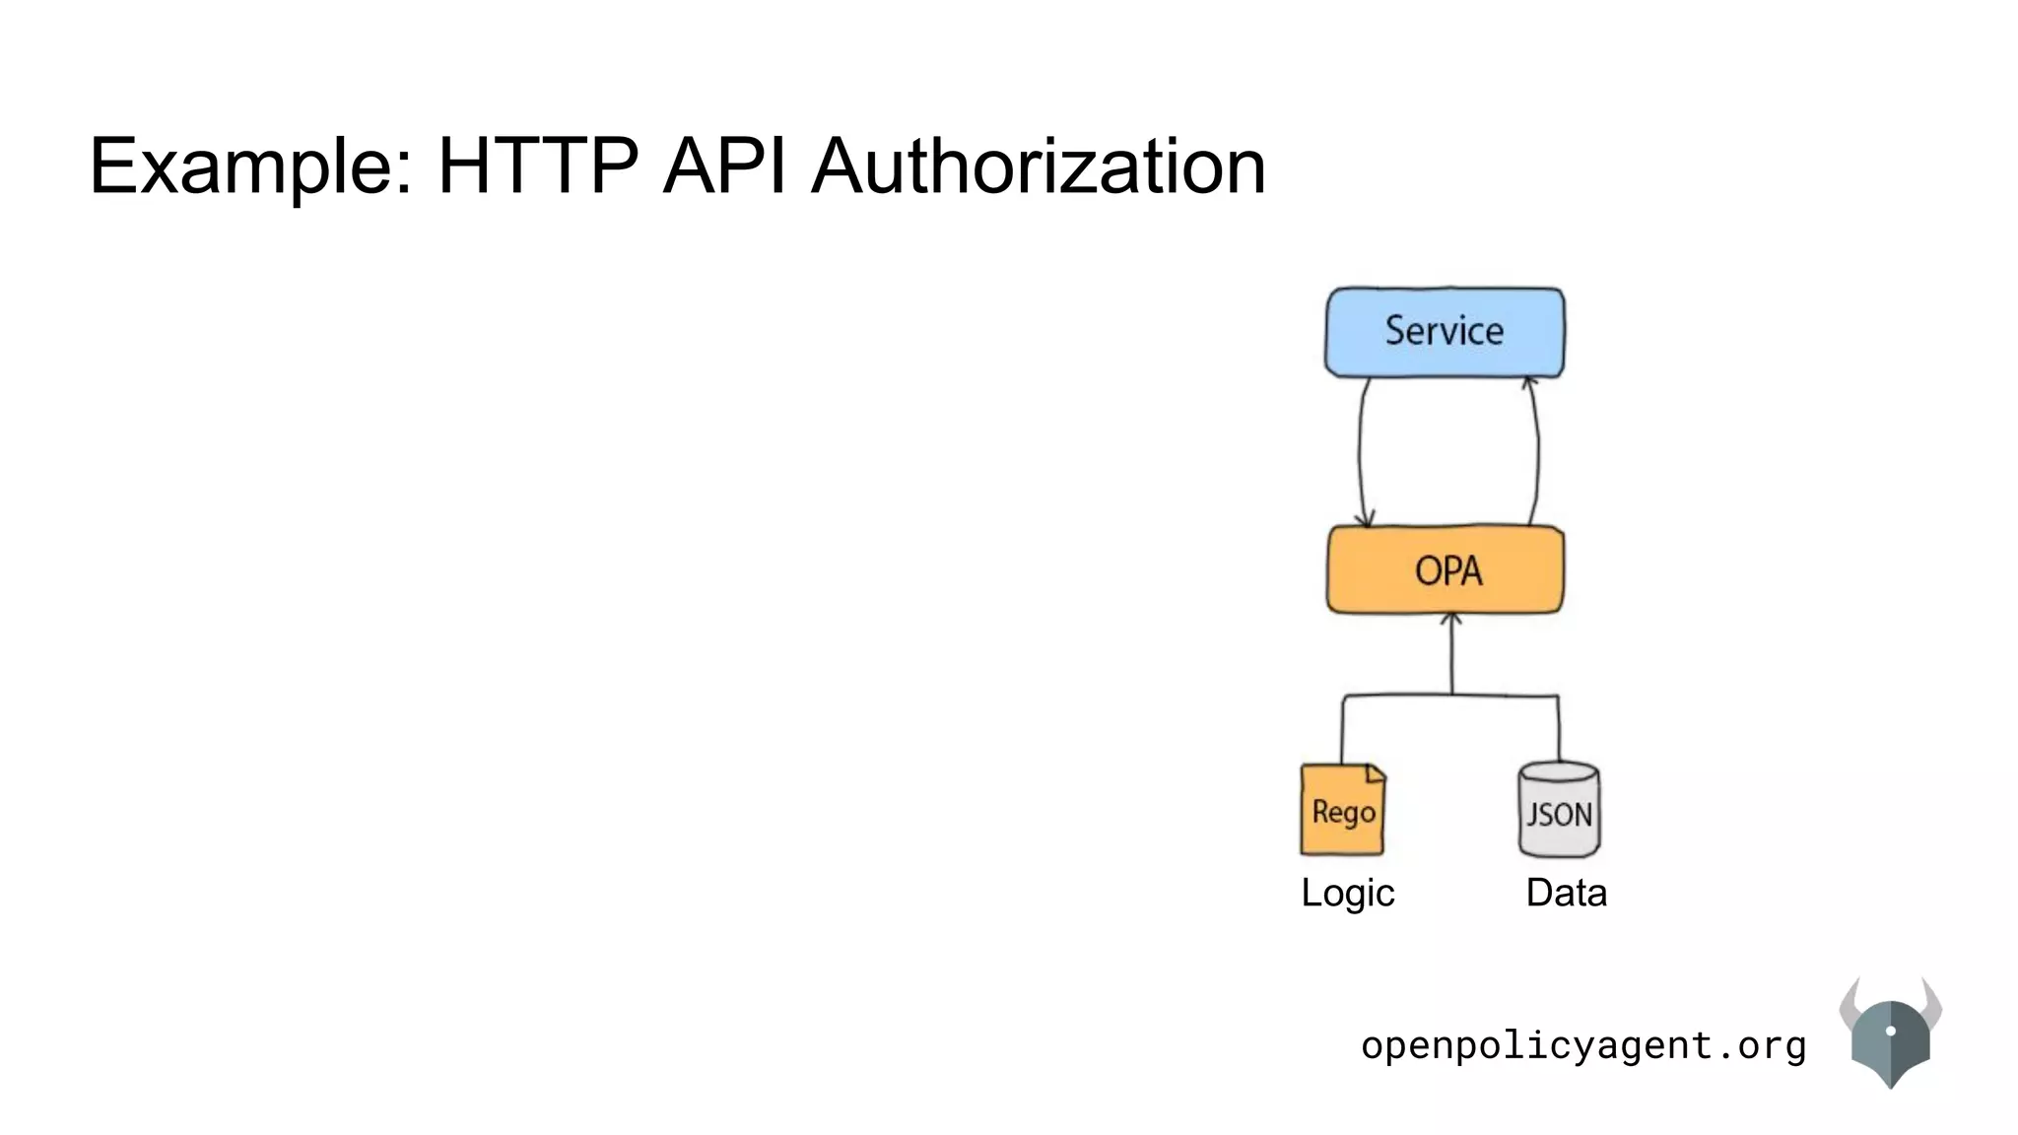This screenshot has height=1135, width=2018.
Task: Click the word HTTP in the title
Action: click(x=538, y=166)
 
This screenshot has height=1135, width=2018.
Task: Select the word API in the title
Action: click(x=725, y=166)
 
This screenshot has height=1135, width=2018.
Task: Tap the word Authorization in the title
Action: click(x=1039, y=166)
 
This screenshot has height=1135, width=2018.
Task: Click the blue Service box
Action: click(x=1445, y=332)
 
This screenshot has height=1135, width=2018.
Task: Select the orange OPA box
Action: click(x=1446, y=570)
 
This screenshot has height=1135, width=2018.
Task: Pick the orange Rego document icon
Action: click(x=1342, y=811)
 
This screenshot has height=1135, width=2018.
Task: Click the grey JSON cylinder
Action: click(x=1559, y=810)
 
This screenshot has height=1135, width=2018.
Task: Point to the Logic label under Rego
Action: click(x=1347, y=893)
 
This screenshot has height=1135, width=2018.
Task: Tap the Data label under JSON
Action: click(x=1566, y=893)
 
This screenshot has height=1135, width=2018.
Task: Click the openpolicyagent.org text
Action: click(x=1583, y=1045)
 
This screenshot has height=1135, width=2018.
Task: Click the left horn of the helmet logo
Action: click(x=1850, y=1002)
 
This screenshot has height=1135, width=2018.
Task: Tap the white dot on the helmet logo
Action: click(x=1890, y=1031)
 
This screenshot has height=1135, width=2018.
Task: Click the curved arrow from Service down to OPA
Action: click(x=1361, y=453)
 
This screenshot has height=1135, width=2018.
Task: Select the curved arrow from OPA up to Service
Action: click(x=1537, y=453)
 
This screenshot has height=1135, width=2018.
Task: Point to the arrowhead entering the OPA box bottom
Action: click(x=1451, y=620)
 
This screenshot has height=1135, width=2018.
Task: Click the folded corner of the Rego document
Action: click(x=1376, y=773)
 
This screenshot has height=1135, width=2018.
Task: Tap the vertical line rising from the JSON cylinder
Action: click(x=1559, y=729)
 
